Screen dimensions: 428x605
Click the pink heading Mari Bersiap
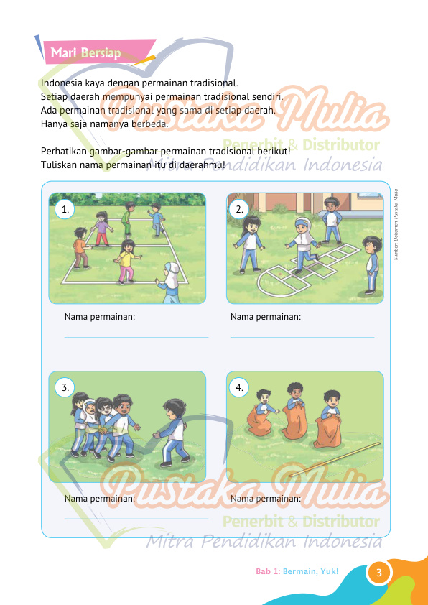coord(85,53)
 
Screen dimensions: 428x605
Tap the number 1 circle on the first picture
coord(65,209)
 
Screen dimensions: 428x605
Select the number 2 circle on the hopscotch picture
coord(239,209)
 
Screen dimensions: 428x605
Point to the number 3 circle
coord(65,387)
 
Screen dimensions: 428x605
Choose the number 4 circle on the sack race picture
coord(239,387)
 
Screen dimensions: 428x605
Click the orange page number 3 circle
coord(378,573)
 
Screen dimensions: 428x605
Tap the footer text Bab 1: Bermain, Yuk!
coord(297,571)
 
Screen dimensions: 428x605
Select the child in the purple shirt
coord(102,228)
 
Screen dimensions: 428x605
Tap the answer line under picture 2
coord(302,337)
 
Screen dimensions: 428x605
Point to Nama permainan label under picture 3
coord(100,499)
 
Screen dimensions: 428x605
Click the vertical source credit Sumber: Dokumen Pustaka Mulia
coord(396,223)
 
